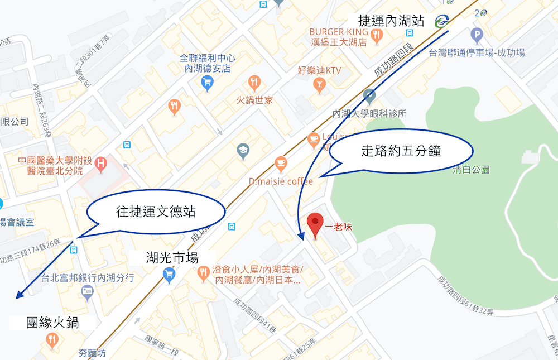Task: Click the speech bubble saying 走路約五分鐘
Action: (x=401, y=151)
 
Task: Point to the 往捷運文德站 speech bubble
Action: (x=156, y=211)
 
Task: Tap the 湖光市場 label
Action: (x=172, y=257)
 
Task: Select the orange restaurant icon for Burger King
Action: (x=377, y=36)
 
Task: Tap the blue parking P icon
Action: (x=476, y=36)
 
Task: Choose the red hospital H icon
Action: (x=101, y=164)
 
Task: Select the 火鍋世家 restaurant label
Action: (x=253, y=100)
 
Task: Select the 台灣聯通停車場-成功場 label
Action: (x=477, y=52)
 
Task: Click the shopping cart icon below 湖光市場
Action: (x=168, y=273)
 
